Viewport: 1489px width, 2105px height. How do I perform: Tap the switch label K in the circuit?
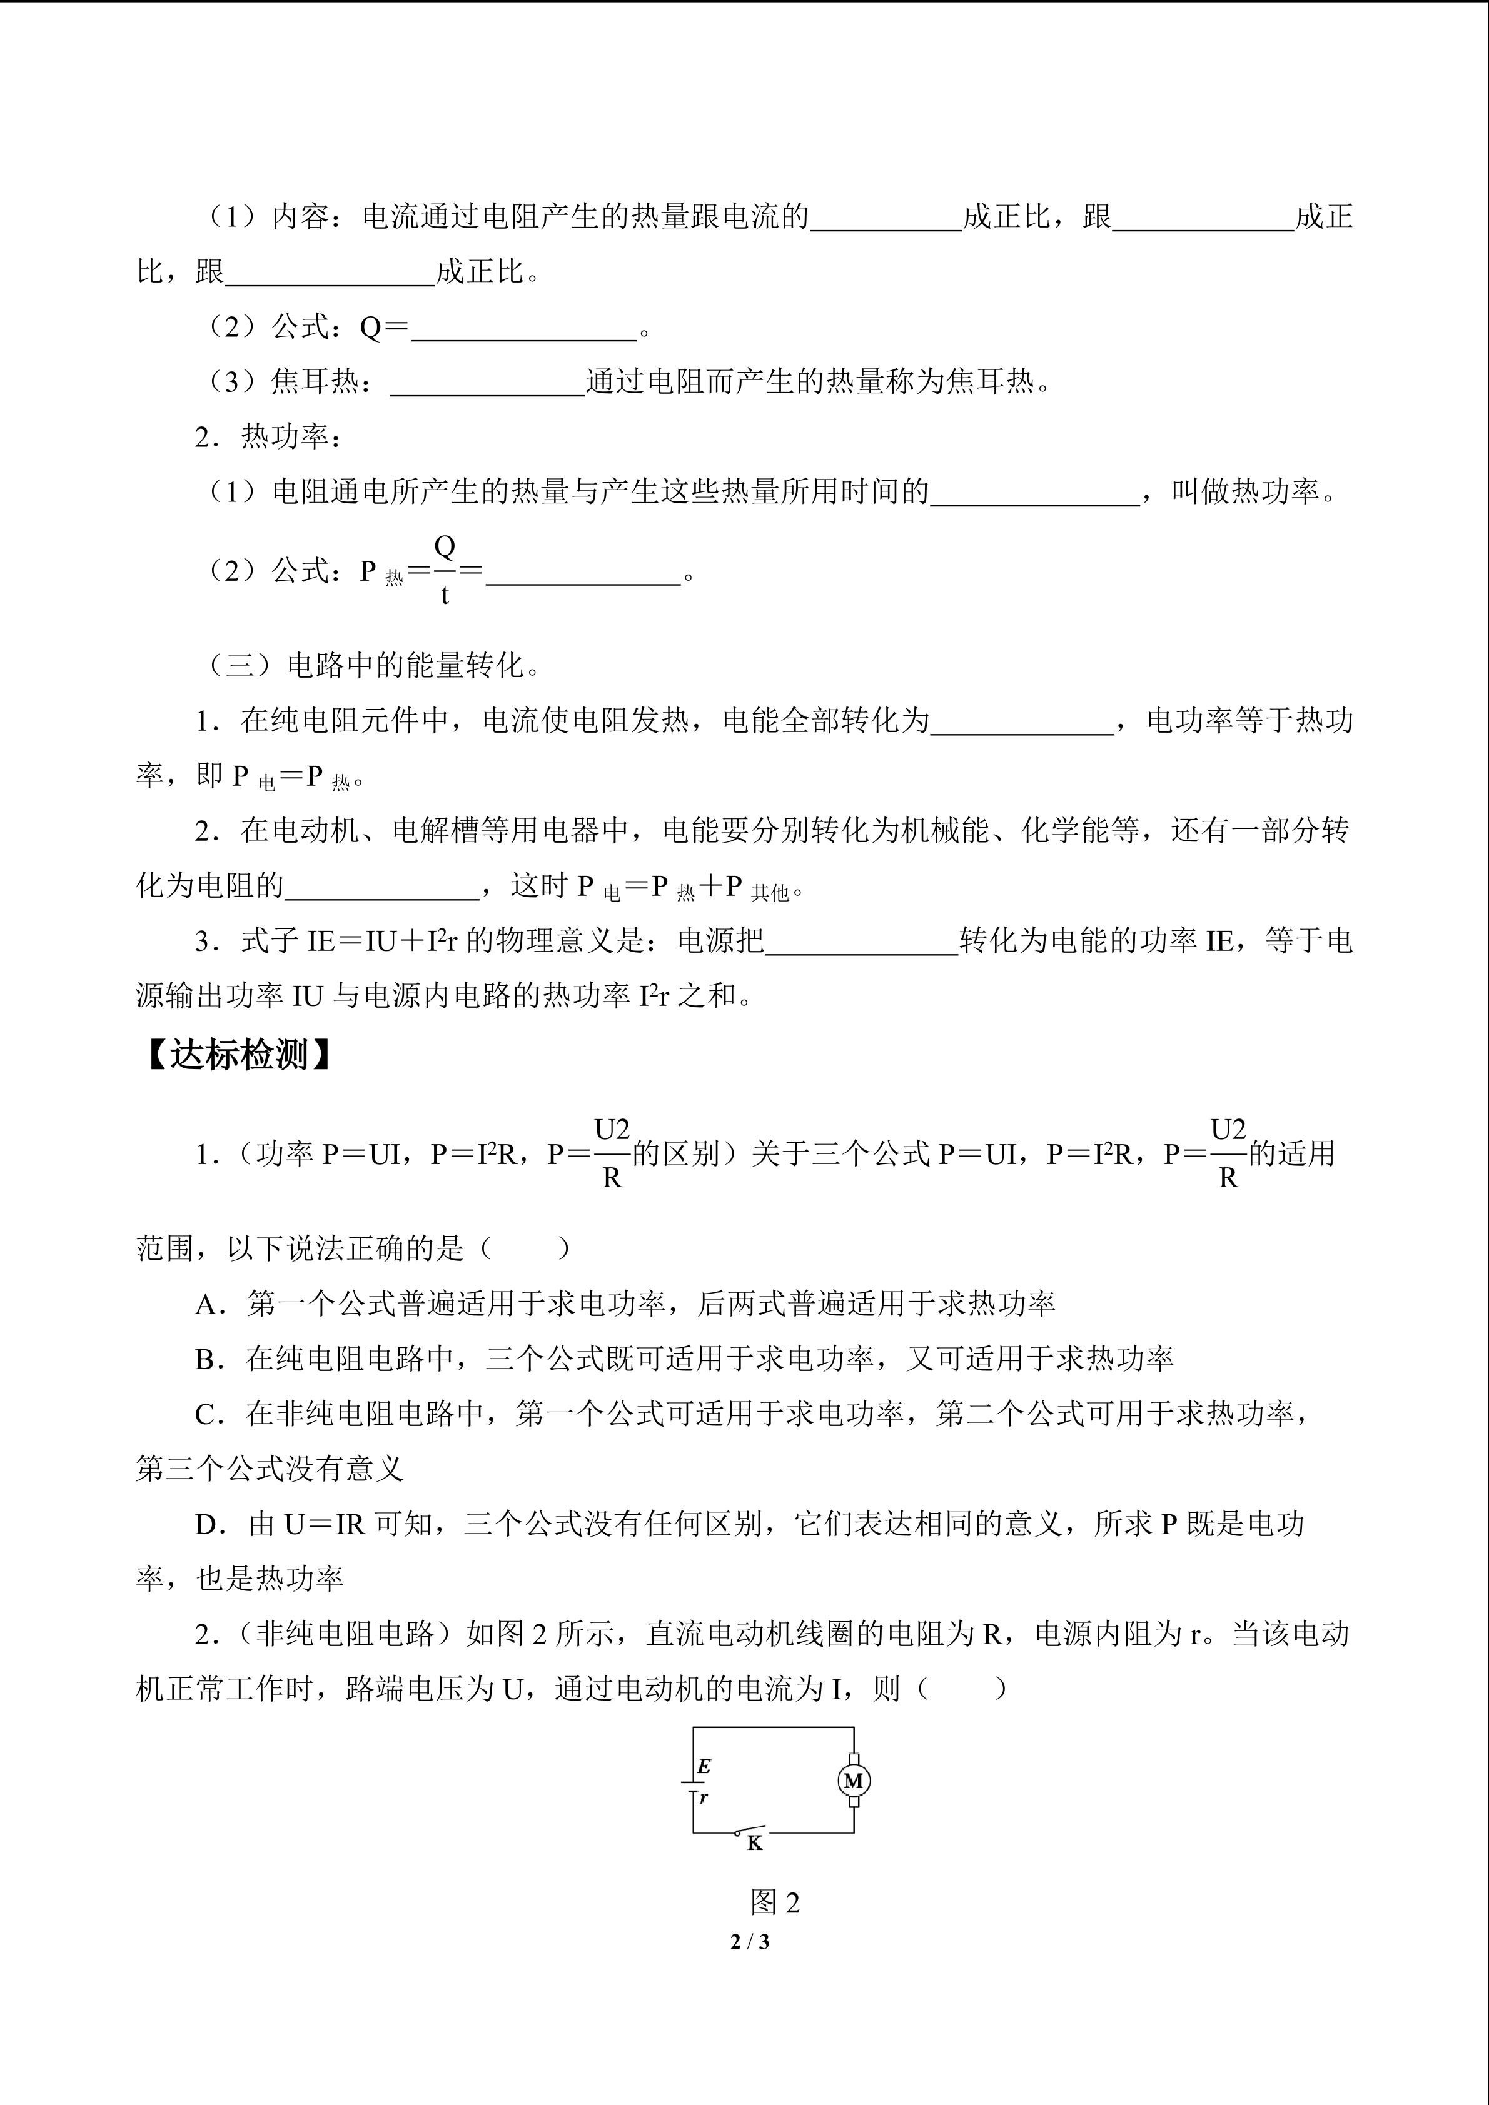click(755, 1843)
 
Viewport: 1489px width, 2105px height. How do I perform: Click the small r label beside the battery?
click(704, 1798)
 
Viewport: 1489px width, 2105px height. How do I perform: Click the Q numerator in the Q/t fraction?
click(445, 546)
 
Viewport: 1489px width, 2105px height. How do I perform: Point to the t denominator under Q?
click(445, 596)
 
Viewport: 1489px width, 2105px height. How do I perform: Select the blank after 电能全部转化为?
click(1021, 721)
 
